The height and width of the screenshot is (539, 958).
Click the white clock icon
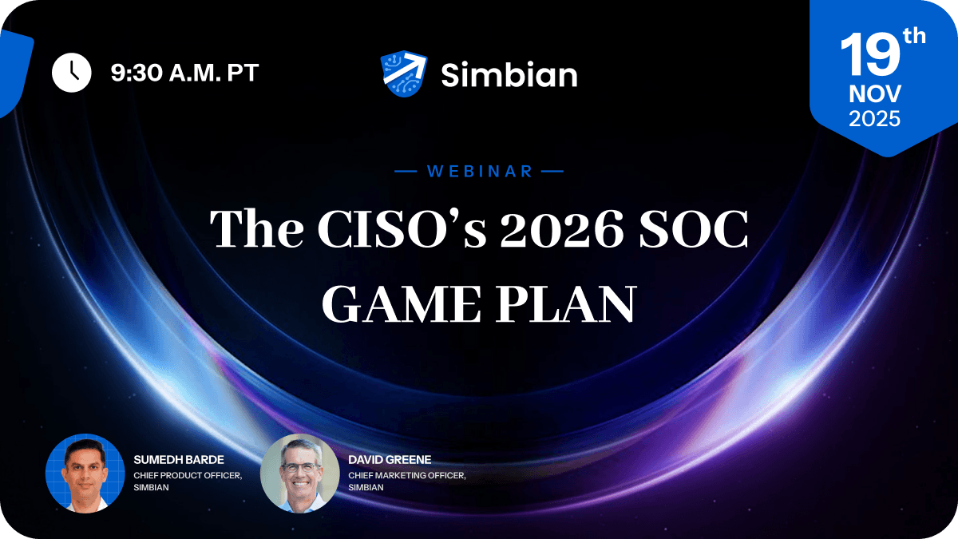(x=72, y=73)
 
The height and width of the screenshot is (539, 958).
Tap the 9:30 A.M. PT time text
(x=184, y=73)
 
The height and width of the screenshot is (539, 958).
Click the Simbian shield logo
(x=404, y=74)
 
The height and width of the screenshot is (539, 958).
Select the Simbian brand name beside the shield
(x=509, y=75)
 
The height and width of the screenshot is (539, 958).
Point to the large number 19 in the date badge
(x=869, y=56)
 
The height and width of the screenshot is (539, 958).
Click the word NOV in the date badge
(x=875, y=94)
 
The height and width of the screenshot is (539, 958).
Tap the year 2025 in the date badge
(x=875, y=119)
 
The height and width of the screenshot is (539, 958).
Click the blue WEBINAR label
(x=480, y=171)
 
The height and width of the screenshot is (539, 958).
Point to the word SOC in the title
(x=698, y=231)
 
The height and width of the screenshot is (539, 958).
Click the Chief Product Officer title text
(x=188, y=475)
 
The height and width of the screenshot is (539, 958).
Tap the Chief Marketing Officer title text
(x=407, y=475)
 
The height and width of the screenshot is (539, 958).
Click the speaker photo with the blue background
(x=85, y=473)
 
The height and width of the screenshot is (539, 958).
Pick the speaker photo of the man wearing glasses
(x=299, y=473)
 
